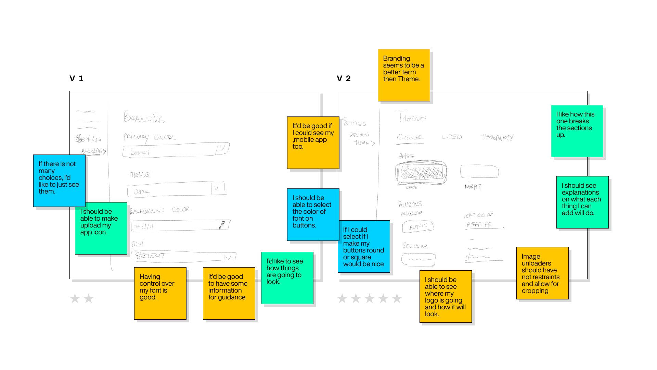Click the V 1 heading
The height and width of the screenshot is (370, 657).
(x=76, y=78)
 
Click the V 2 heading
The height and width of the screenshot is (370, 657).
(x=344, y=78)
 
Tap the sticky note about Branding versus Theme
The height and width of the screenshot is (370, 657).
(x=404, y=75)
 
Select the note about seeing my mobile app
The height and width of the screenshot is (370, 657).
(x=313, y=143)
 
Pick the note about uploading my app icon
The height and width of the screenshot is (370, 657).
(x=101, y=228)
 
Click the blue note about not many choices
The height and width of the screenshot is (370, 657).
(x=59, y=181)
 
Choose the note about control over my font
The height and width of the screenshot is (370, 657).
(x=160, y=293)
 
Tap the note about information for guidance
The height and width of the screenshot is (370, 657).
(x=229, y=293)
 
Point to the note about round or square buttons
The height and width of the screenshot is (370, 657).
(x=364, y=246)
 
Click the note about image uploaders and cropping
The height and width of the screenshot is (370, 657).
(x=542, y=273)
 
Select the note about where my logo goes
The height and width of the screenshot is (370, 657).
(x=446, y=296)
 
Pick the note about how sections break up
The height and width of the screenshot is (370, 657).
(x=577, y=131)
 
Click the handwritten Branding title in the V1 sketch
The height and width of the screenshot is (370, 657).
(x=144, y=117)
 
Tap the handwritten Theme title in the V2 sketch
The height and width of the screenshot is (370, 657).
(x=410, y=117)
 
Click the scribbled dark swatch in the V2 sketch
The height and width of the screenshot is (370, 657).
(x=421, y=172)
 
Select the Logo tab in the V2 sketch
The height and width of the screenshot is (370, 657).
(x=452, y=137)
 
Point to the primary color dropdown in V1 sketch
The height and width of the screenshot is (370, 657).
(x=176, y=150)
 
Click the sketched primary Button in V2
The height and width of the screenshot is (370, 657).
(x=418, y=226)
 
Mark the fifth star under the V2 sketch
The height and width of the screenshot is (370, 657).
(x=397, y=298)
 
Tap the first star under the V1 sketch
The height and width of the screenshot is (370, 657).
(x=75, y=298)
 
